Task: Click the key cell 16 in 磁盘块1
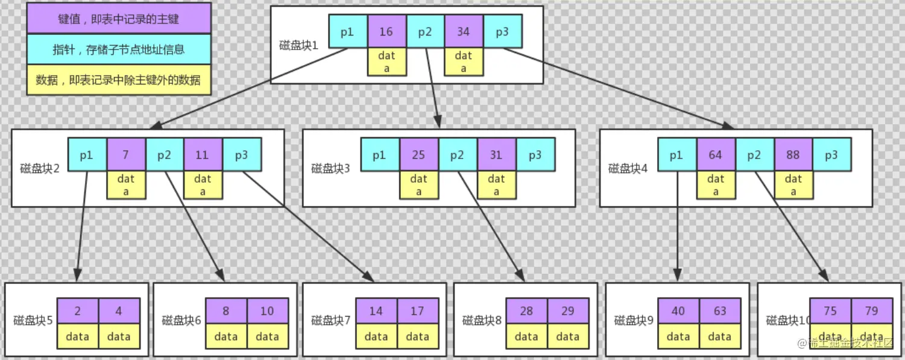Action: click(x=386, y=32)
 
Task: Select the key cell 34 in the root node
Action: click(x=463, y=32)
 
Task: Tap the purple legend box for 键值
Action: click(x=119, y=19)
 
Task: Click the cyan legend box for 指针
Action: click(x=119, y=49)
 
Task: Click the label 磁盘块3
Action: click(x=330, y=168)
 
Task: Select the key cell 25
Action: click(x=418, y=155)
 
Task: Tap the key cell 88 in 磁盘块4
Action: click(x=793, y=155)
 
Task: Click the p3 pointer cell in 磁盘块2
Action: click(x=241, y=155)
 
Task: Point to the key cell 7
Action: click(x=125, y=155)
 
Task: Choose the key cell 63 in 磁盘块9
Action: click(x=719, y=311)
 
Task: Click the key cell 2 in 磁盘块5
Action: click(x=78, y=311)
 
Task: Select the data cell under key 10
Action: click(x=266, y=336)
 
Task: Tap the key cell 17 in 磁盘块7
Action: click(x=417, y=311)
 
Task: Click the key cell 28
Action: click(x=526, y=311)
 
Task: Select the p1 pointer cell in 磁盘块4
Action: click(x=676, y=155)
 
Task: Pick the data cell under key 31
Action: click(x=496, y=185)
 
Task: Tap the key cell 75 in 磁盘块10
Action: click(x=830, y=311)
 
